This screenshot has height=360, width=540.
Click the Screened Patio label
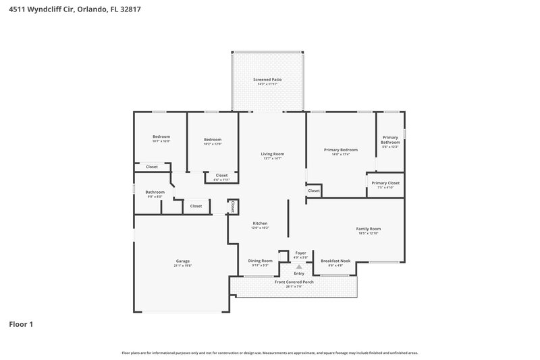(267, 80)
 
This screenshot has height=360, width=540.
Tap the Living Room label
(273, 154)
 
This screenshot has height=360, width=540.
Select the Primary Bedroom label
(340, 150)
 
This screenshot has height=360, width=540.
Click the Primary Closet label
(385, 183)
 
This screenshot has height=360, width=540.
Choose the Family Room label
(369, 229)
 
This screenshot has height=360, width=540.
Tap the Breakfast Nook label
(335, 261)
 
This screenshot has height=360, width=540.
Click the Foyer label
(300, 253)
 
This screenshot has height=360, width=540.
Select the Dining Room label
(260, 261)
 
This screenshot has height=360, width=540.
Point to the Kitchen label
(260, 224)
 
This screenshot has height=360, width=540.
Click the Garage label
(183, 261)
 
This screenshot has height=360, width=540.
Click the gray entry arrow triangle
(299, 267)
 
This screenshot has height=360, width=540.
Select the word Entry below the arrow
(299, 274)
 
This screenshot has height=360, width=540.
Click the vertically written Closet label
(233, 206)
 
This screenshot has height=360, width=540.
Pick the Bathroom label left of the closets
(155, 192)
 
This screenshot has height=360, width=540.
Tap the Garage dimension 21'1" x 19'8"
(183, 266)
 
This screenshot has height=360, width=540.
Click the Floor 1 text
(21, 324)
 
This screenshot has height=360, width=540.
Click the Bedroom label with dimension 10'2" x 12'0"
(213, 139)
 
